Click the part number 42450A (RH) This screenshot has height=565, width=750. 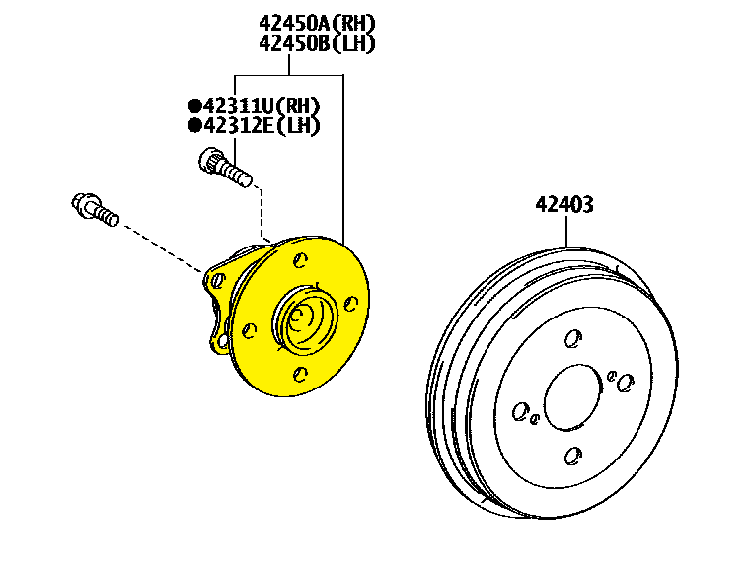pyautogui.click(x=317, y=23)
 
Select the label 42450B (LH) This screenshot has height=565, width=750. pyautogui.click(x=317, y=43)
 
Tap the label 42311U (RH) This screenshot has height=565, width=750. pyautogui.click(x=262, y=106)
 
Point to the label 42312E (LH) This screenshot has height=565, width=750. pyautogui.click(x=262, y=125)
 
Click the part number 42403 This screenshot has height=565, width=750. pyautogui.click(x=564, y=204)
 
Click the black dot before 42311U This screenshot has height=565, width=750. pyautogui.click(x=194, y=106)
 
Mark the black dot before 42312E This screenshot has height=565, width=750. pyautogui.click(x=194, y=125)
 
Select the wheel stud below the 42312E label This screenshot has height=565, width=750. pyautogui.click(x=225, y=168)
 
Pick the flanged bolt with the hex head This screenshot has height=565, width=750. pyautogui.click(x=95, y=210)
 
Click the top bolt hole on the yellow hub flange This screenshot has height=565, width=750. pyautogui.click(x=300, y=260)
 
